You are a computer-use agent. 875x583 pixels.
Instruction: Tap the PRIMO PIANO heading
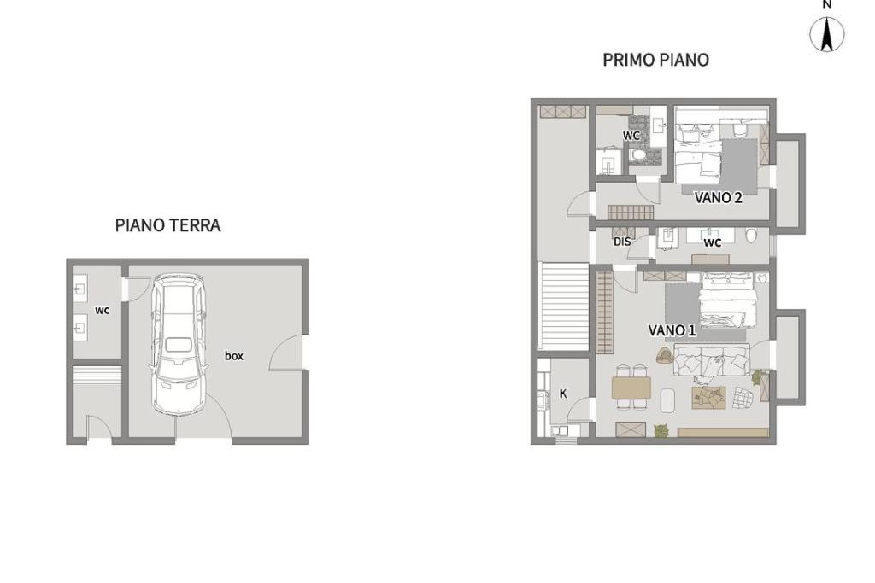(x=655, y=60)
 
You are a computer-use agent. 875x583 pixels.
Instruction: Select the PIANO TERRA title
(x=168, y=225)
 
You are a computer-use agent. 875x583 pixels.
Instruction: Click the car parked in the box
(x=179, y=344)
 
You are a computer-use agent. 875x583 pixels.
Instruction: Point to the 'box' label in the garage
(x=234, y=356)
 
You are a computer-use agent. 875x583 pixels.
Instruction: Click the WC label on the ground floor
(x=103, y=311)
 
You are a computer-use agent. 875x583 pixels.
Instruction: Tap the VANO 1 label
(x=672, y=330)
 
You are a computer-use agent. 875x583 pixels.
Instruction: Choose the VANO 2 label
(x=718, y=197)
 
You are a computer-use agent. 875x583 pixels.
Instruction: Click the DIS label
(x=622, y=242)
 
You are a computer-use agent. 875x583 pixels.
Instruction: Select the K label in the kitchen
(x=563, y=394)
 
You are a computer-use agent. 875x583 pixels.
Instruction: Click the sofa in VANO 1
(x=711, y=360)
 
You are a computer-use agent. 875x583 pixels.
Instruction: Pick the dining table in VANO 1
(x=631, y=388)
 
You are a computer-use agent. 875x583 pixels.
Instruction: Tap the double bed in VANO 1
(x=728, y=300)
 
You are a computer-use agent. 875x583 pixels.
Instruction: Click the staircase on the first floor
(x=564, y=306)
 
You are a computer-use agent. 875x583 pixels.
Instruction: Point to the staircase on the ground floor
(x=97, y=375)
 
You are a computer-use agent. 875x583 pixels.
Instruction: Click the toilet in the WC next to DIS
(x=751, y=236)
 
